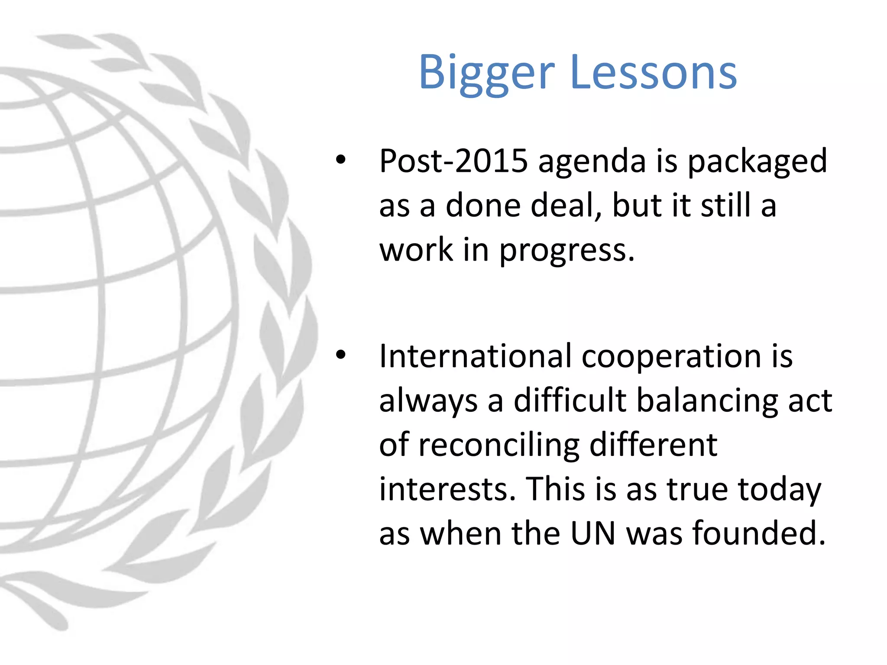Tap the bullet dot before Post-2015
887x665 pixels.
(x=341, y=160)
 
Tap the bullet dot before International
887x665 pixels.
(x=341, y=355)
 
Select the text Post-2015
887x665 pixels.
(x=453, y=161)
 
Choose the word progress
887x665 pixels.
(x=567, y=251)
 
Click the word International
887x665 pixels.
(x=475, y=356)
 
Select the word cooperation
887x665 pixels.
(x=671, y=357)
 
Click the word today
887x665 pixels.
(x=779, y=490)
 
